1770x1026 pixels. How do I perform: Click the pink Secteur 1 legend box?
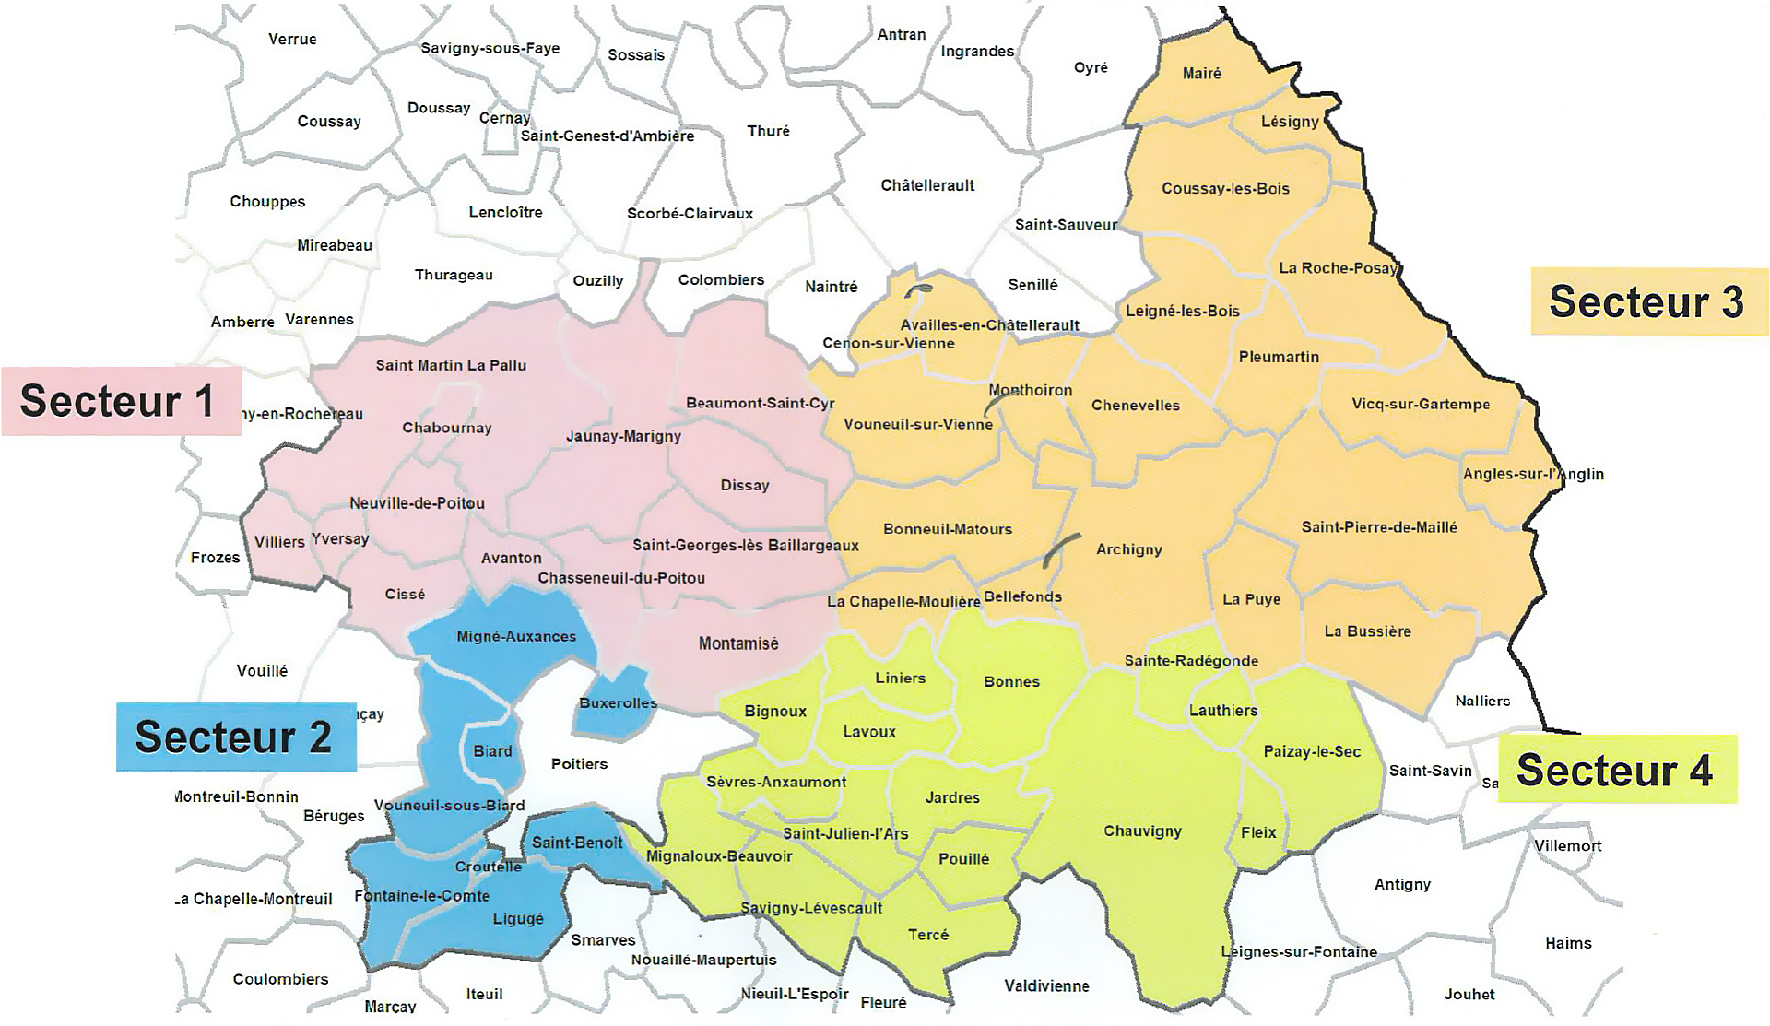tap(121, 401)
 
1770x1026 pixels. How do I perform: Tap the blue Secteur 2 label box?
tap(235, 737)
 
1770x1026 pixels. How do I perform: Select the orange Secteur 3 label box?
tap(1648, 301)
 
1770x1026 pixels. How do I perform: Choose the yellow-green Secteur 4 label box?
tap(1617, 770)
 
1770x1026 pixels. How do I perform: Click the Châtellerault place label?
tap(927, 185)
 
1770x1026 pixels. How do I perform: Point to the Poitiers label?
tap(579, 763)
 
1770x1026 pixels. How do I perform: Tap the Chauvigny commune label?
tap(1142, 831)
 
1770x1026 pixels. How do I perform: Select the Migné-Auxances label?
tap(516, 636)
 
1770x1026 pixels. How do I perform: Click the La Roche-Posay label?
tap(1338, 268)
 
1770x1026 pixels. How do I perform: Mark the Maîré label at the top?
tap(1201, 73)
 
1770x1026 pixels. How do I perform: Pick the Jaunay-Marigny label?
tap(623, 436)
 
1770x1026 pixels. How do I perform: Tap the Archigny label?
tap(1128, 549)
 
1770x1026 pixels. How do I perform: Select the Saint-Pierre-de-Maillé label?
tap(1379, 527)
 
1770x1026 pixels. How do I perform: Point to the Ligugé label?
tap(518, 918)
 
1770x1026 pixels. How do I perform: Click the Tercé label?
tap(927, 934)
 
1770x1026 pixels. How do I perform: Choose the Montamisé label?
tap(738, 643)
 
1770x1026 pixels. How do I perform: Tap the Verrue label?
tap(292, 39)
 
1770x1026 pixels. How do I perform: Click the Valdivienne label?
tap(1046, 985)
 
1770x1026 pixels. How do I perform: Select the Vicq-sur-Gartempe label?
tap(1420, 404)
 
